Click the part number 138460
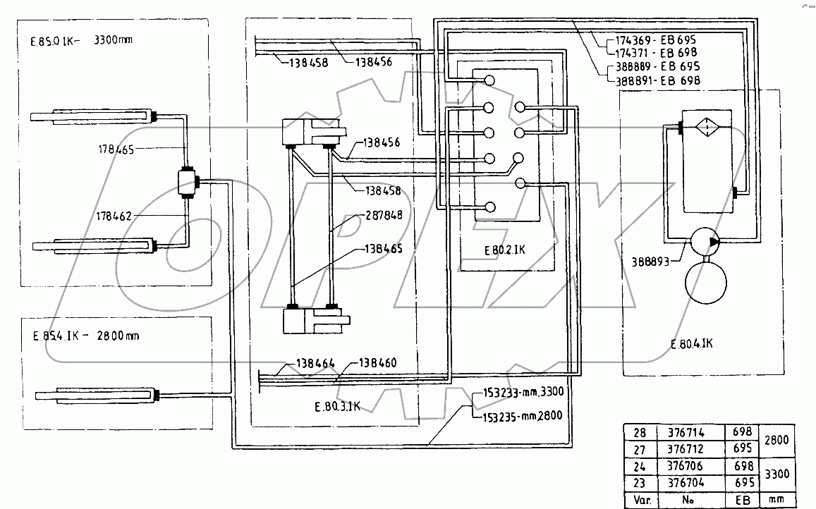click(377, 363)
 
